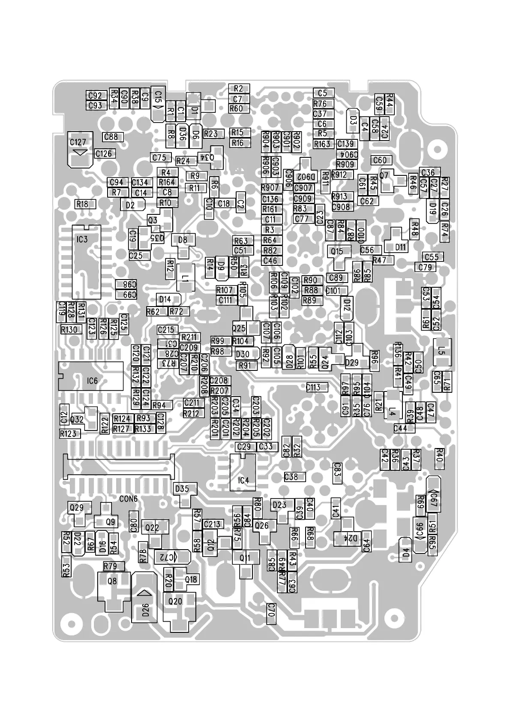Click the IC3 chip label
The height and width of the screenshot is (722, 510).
click(x=82, y=239)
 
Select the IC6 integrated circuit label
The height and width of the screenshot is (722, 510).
click(x=92, y=381)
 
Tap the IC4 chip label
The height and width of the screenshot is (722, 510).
click(x=243, y=481)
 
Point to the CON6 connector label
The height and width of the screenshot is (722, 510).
click(x=128, y=499)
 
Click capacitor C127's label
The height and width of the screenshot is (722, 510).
click(x=78, y=142)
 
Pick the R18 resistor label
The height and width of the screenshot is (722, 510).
click(x=82, y=204)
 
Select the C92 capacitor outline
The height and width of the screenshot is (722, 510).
click(x=95, y=96)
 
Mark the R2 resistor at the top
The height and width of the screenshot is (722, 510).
click(x=238, y=89)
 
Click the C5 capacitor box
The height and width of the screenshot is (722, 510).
click(x=322, y=93)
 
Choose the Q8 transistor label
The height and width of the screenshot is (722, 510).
click(x=112, y=581)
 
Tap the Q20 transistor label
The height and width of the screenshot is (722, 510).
click(x=175, y=602)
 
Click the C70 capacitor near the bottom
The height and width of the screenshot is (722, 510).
click(x=270, y=610)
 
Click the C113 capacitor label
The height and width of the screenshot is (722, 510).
click(x=313, y=388)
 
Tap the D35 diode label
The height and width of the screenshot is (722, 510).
click(x=182, y=489)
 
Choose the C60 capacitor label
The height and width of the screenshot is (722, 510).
click(x=380, y=160)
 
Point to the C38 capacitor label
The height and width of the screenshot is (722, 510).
click(x=291, y=477)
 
